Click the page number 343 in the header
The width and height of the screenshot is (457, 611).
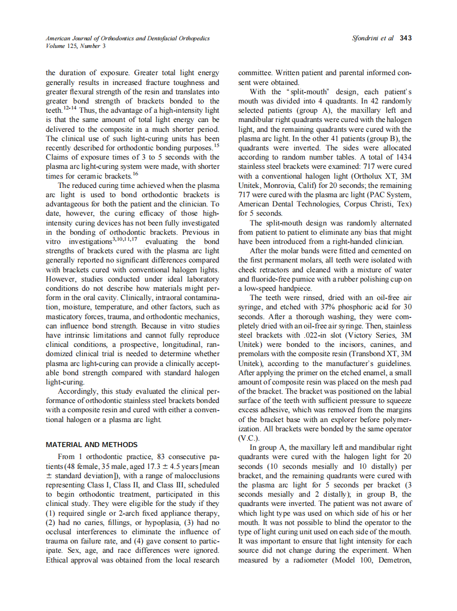tap(405, 38)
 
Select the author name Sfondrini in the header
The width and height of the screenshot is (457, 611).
tap(369, 38)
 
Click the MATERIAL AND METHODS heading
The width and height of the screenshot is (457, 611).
tap(92, 444)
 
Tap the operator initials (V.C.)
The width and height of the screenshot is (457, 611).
tap(249, 437)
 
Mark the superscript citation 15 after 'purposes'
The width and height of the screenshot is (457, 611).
tap(217, 145)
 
